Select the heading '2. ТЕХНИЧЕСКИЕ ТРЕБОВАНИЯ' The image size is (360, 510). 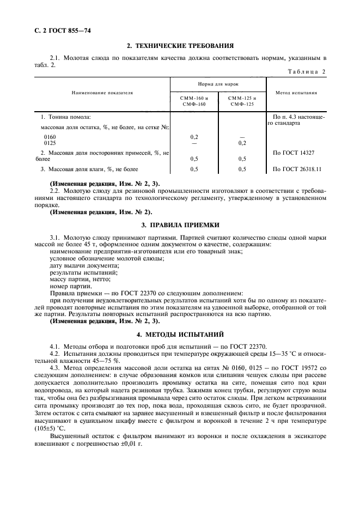click(180, 46)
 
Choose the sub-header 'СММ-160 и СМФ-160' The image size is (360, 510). click(194, 100)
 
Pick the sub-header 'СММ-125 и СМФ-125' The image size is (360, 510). click(242, 100)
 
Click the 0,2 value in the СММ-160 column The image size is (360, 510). click(194, 137)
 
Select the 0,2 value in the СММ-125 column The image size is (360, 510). click(242, 143)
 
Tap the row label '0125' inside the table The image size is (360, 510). click(50, 143)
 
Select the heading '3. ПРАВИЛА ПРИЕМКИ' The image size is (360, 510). click(180, 224)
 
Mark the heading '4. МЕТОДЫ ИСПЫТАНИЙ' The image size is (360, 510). click(180, 333)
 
